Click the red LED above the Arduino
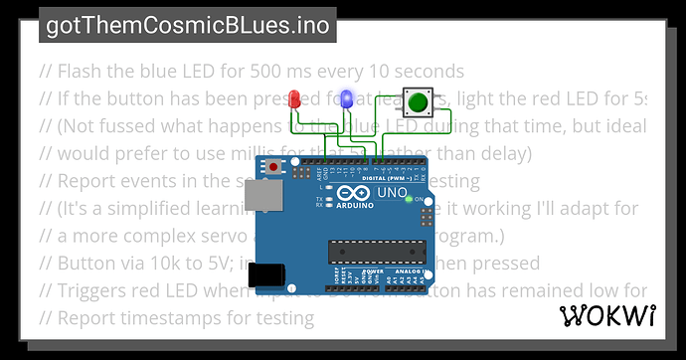pos(294,99)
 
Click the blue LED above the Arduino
pos(347,99)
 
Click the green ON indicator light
pos(409,199)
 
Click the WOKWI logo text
pos(605,316)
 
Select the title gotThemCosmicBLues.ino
pos(188,25)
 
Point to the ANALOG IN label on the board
pos(410,270)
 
